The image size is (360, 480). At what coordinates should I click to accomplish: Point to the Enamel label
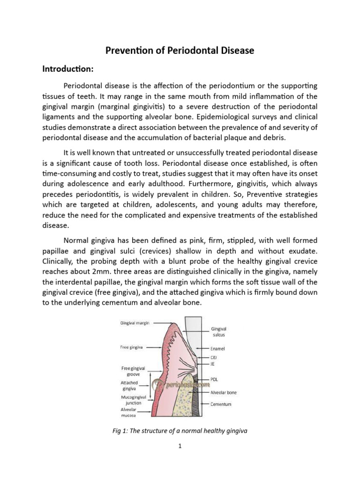point(218,349)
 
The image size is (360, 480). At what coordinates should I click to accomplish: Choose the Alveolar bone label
point(223,392)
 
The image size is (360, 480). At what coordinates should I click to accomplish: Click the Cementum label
point(221,404)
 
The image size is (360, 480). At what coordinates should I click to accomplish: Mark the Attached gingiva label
point(129,386)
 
